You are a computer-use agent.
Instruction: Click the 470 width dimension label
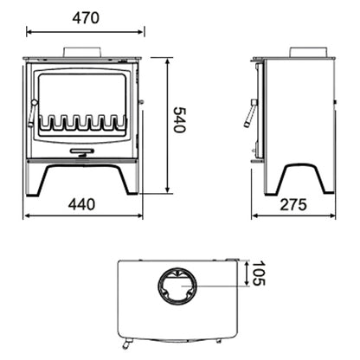[x=86, y=17]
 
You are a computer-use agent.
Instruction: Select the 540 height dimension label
[x=180, y=119]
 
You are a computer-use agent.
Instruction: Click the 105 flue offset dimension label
[x=258, y=275]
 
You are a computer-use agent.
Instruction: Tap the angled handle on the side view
[x=251, y=113]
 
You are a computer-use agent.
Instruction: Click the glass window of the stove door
[x=84, y=95]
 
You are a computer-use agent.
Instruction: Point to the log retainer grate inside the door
[x=84, y=121]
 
